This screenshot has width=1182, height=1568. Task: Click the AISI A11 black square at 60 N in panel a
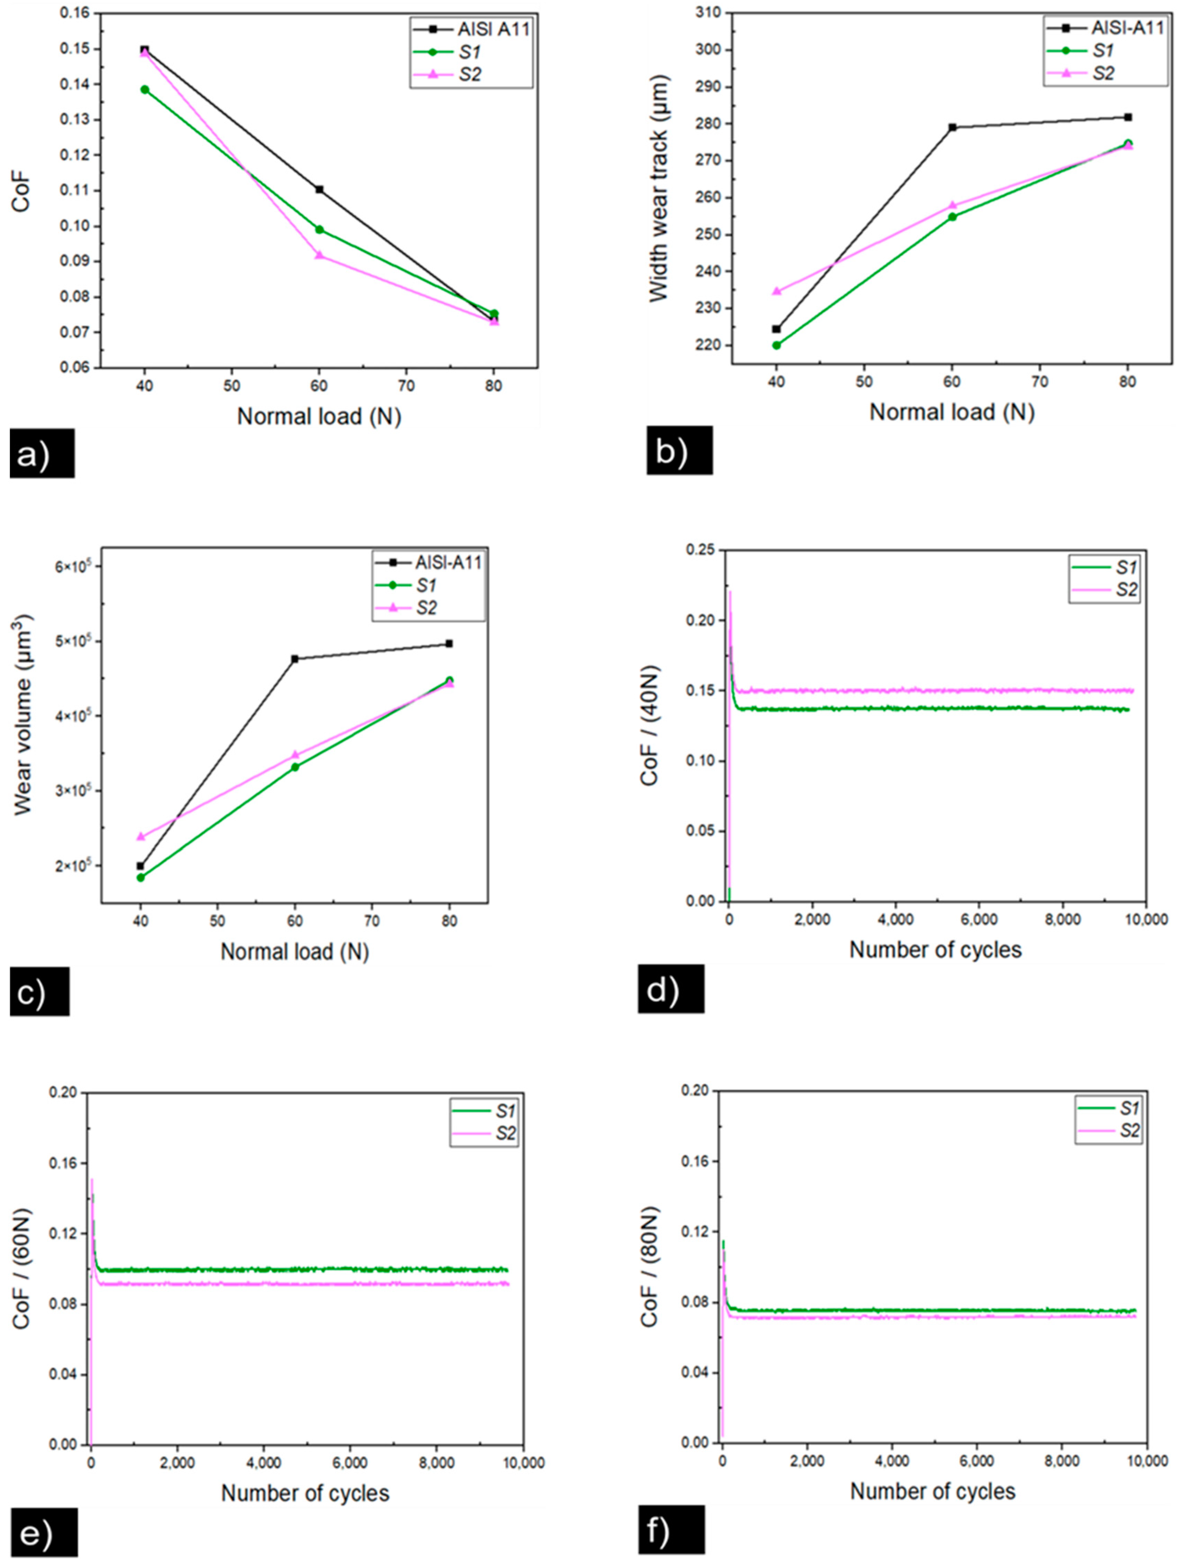319,189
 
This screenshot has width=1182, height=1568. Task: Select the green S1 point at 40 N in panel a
145,89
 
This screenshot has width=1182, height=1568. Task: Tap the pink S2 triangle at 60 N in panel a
319,255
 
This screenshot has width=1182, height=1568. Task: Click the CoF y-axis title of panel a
21,190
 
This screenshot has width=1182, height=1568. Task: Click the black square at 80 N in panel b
1127,117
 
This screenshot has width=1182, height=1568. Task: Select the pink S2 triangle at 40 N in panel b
777,290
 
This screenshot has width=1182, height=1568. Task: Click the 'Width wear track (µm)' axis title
659,188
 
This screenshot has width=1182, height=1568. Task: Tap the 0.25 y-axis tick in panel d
700,550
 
